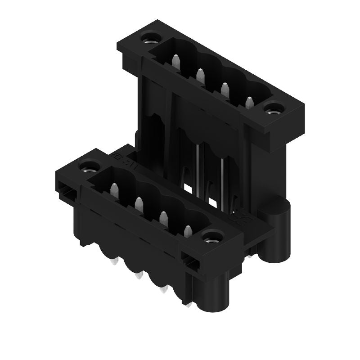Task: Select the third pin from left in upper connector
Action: [225, 88]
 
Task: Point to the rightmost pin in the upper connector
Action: [250, 102]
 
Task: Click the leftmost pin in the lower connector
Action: [114, 189]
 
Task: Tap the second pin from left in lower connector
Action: [138, 203]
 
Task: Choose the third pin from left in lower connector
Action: [162, 217]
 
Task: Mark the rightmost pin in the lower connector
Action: [188, 231]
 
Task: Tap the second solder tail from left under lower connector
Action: [138, 275]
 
